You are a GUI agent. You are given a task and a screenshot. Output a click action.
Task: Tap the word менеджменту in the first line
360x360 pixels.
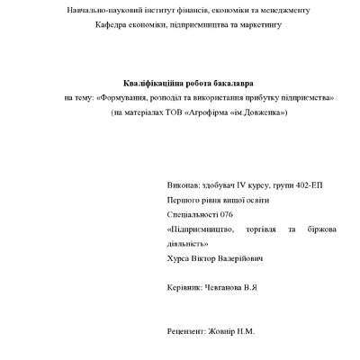(x=283, y=10)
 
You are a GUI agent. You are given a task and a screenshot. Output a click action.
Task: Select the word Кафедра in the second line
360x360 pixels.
(x=113, y=24)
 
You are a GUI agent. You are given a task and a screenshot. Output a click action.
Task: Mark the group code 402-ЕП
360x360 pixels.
(x=308, y=184)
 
